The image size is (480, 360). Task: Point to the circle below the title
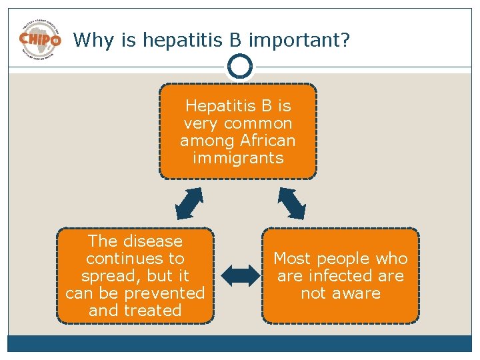[239, 66]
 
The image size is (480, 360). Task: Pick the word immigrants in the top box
[238, 158]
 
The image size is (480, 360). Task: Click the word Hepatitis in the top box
[218, 106]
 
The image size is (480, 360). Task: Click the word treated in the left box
[153, 310]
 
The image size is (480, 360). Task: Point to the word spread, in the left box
[107, 275]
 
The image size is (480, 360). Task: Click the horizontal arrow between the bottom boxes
[238, 275]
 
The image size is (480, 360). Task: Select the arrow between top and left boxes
[189, 203]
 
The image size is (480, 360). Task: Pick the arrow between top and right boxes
[291, 203]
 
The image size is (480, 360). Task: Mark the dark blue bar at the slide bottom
[240, 343]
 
